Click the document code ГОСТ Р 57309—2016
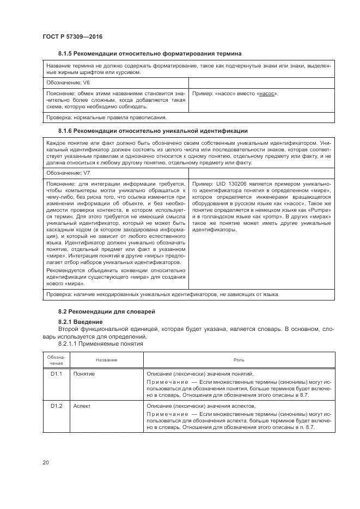tap(72, 36)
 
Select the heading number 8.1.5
tap(66, 53)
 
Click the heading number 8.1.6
tap(66, 131)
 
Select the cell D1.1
tap(57, 375)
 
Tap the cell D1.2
tap(57, 406)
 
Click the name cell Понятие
tap(84, 375)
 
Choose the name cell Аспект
tap(83, 406)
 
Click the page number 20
tap(46, 463)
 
